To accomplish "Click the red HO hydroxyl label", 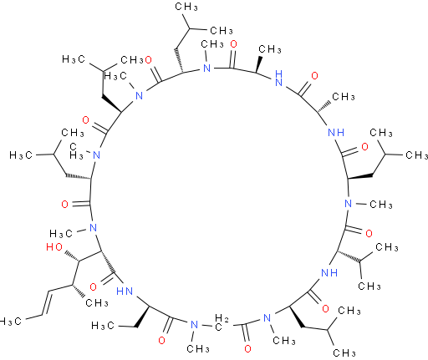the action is (x=54, y=247).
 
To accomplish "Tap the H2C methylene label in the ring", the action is (x=222, y=322).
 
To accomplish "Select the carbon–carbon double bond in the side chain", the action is (x=47, y=303).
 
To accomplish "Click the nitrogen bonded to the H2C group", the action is (x=194, y=325).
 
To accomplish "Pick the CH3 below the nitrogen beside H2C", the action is (x=198, y=348).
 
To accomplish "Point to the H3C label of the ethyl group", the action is (x=103, y=325).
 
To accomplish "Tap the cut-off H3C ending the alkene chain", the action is (x=11, y=322).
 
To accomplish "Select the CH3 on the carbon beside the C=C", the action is (x=97, y=302).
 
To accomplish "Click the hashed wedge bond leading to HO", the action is (x=72, y=256).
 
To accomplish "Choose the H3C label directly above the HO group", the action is (x=61, y=233).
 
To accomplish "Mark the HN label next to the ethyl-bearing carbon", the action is (x=125, y=292).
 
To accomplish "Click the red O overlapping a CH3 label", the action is (x=148, y=59).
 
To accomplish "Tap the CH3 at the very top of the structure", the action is (x=186, y=7).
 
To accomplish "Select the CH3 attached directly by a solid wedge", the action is (x=270, y=49).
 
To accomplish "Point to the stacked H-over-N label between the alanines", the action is (x=278, y=78).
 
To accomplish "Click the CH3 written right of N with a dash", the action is (x=381, y=205).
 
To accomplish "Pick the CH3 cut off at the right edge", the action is (x=417, y=155).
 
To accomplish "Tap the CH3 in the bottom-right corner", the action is (x=344, y=353).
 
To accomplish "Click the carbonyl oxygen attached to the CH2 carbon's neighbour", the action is (x=247, y=348).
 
